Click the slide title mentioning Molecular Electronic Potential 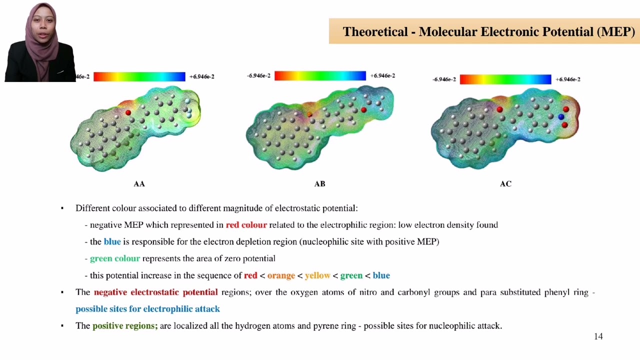pos(488,31)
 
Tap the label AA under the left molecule pos(139,184)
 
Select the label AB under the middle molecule pos(319,184)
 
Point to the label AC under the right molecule pos(505,184)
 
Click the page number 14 pos(598,336)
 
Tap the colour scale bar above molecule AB pos(320,75)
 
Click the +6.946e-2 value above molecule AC pos(568,79)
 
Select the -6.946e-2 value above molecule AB pos(258,76)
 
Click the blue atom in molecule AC pos(561,117)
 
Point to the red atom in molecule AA pos(128,113)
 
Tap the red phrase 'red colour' pos(246,225)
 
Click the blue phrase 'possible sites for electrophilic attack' pos(147,309)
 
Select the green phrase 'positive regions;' pos(125,325)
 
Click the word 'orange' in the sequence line pos(281,275)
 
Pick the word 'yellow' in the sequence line pos(317,275)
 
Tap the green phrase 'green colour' pos(114,258)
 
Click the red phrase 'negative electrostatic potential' pos(155,292)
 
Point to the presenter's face pos(41,25)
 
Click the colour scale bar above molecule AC pos(505,79)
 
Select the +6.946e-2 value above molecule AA pos(202,77)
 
